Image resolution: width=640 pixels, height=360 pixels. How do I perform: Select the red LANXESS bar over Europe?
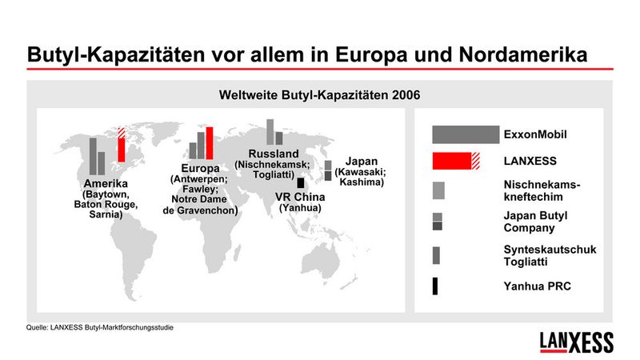[x=210, y=144]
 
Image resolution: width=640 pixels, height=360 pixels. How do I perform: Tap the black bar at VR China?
[x=300, y=182]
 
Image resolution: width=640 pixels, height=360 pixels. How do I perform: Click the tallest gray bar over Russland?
[x=270, y=133]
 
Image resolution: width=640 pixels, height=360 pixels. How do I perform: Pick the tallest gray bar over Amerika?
[x=93, y=157]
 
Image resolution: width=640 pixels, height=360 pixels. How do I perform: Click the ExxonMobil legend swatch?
[x=465, y=134]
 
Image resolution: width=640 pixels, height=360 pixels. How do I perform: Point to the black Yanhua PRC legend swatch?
[x=435, y=286]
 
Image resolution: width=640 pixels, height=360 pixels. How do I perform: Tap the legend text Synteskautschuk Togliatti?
[x=549, y=256]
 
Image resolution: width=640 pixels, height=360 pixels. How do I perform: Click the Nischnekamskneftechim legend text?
[x=542, y=190]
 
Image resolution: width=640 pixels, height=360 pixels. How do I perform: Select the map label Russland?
[x=274, y=154]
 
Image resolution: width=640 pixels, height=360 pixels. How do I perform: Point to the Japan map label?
[x=361, y=161]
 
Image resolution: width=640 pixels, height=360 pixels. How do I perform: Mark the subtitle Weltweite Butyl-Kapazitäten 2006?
[x=320, y=94]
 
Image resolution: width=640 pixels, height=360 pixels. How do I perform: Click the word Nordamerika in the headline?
[x=524, y=55]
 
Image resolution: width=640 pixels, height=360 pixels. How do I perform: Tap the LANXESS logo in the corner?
[x=576, y=341]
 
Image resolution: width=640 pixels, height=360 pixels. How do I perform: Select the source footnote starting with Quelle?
[x=100, y=327]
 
